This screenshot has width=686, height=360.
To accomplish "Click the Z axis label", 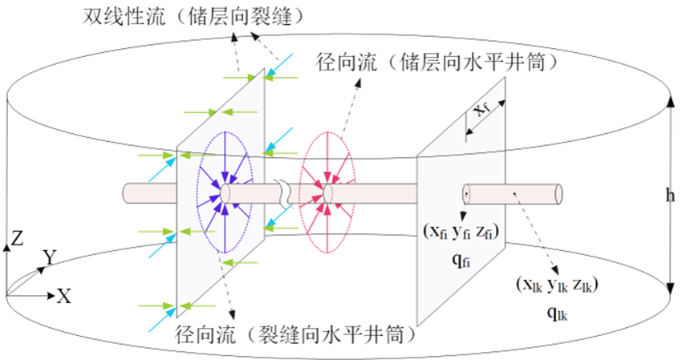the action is click(17, 238).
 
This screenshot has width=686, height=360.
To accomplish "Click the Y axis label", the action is click(50, 257).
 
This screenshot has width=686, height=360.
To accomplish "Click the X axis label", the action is click(64, 297).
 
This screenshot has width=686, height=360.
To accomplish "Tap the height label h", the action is click(670, 195).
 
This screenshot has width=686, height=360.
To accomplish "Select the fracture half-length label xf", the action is click(482, 108).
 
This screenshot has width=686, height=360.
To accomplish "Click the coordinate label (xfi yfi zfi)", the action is click(461, 232).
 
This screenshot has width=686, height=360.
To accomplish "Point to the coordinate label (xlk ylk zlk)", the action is click(557, 285).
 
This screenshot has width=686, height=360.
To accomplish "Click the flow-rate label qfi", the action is click(461, 261).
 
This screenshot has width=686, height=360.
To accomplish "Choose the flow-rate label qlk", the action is click(558, 313).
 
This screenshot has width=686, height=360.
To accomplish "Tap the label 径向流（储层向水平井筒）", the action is click(438, 63).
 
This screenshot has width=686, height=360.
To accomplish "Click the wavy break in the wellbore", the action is click(283, 194).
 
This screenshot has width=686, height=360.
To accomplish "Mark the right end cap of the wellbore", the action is click(558, 194).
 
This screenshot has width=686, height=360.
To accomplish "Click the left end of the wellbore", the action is click(125, 194).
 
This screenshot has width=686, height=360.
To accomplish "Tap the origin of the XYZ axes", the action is click(7, 297).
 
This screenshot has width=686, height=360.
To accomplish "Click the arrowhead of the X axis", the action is click(51, 297).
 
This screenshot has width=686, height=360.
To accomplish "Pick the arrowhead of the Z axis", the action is click(7, 248).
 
